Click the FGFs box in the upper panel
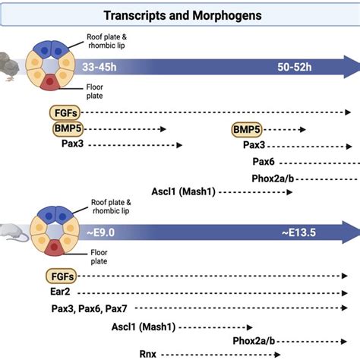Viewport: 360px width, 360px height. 66,113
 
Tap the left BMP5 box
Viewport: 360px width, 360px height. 69,129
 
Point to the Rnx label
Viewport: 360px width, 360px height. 147,353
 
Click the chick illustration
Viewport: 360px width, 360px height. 11,67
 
